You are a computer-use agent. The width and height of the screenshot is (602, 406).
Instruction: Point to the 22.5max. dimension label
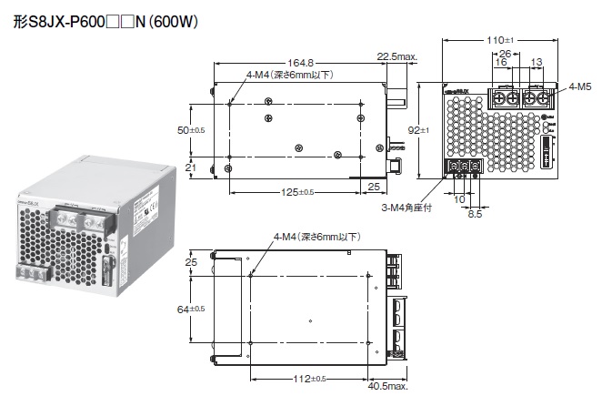point(396,56)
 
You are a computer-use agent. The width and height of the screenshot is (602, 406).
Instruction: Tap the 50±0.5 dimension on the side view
point(190,130)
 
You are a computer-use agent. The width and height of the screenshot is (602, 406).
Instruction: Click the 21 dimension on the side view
point(191,167)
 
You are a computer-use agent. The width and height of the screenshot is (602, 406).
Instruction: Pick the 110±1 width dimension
point(500,41)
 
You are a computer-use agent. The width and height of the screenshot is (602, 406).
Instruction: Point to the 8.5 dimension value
point(474,216)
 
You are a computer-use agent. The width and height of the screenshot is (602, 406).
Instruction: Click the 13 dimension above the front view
point(536,63)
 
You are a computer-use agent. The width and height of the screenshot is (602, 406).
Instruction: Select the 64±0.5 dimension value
point(190,310)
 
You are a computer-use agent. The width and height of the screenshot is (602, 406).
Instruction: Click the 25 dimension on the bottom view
point(191,263)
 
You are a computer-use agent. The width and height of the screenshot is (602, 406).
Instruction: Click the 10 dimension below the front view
point(459,199)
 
